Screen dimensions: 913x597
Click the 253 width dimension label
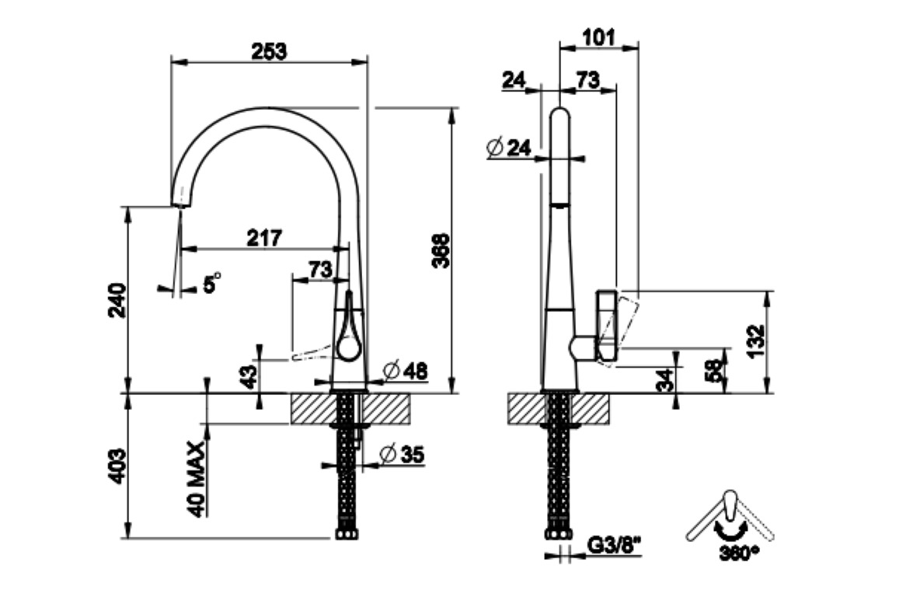pyautogui.click(x=269, y=51)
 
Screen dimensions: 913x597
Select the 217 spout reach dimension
pyautogui.click(x=264, y=238)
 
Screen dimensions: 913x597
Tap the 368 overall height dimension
pyautogui.click(x=441, y=250)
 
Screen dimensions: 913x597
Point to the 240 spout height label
pyautogui.click(x=117, y=300)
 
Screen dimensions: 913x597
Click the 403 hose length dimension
pyautogui.click(x=117, y=466)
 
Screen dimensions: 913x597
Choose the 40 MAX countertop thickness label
pyautogui.click(x=197, y=480)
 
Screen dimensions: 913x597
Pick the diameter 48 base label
pyautogui.click(x=406, y=371)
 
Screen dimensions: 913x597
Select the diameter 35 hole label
pyautogui.click(x=402, y=454)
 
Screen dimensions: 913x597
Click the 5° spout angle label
pyautogui.click(x=212, y=283)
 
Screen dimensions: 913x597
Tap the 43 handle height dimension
pyautogui.click(x=249, y=377)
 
